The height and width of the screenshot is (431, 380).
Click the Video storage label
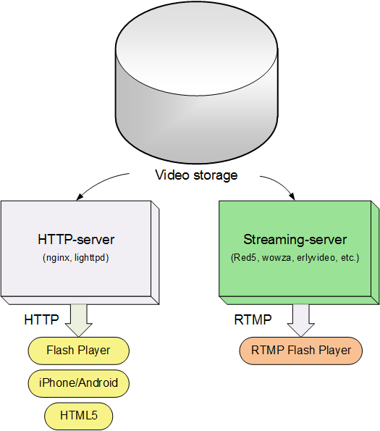[x=196, y=175]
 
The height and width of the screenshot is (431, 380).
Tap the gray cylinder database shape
[x=197, y=83]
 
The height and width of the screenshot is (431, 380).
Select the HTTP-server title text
[x=76, y=240]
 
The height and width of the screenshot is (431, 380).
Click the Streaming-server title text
[x=295, y=240]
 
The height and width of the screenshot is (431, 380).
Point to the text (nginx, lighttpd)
[x=76, y=258]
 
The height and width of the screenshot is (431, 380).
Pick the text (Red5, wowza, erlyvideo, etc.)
[x=295, y=258]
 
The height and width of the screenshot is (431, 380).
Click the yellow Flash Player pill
[x=78, y=351]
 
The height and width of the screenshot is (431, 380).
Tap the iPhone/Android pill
[x=78, y=383]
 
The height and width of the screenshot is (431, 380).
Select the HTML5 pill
[x=78, y=416]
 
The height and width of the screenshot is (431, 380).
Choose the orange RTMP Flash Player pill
[x=301, y=351]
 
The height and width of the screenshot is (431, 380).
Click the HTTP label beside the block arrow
[x=41, y=319]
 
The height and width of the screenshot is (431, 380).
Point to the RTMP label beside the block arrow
[x=253, y=319]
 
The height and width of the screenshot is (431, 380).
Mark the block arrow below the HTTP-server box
[x=78, y=320]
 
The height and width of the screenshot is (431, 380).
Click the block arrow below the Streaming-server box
[x=301, y=320]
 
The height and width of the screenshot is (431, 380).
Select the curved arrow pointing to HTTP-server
[x=99, y=182]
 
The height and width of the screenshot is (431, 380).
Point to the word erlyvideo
[x=316, y=258]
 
